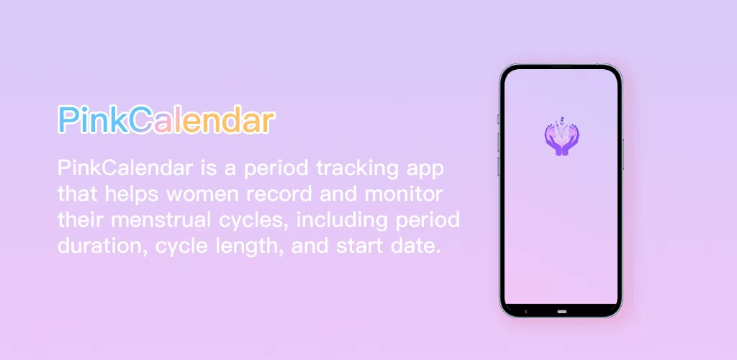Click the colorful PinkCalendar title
[x=166, y=120]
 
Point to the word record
[x=289, y=194]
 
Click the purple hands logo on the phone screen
[x=561, y=138]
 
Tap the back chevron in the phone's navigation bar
[x=526, y=312]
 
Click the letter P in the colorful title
[x=68, y=120]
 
